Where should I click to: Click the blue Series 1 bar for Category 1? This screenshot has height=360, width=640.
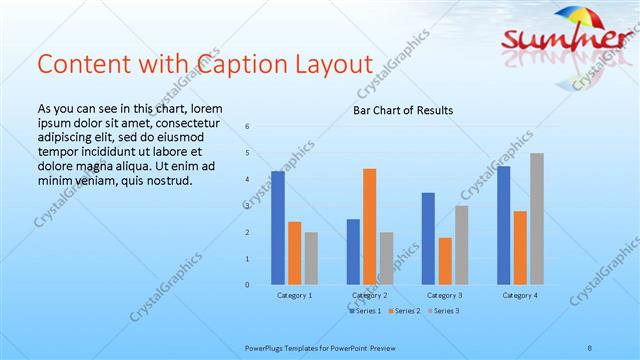pyautogui.click(x=278, y=228)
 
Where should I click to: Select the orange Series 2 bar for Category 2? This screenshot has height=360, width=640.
pyautogui.click(x=369, y=227)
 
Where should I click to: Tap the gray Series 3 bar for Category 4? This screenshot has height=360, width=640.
pyautogui.click(x=537, y=219)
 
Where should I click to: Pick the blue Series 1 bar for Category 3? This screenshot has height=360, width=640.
pyautogui.click(x=428, y=239)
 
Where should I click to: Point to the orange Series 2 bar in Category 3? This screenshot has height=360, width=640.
pyautogui.click(x=445, y=261)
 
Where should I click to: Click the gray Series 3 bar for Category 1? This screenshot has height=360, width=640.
pyautogui.click(x=311, y=258)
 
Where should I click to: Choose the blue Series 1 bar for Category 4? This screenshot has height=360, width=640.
pyautogui.click(x=504, y=225)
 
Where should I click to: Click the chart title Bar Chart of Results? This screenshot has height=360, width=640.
pyautogui.click(x=403, y=109)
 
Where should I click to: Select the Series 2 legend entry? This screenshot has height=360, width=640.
pyautogui.click(x=405, y=311)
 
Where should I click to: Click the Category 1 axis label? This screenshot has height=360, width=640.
pyautogui.click(x=294, y=296)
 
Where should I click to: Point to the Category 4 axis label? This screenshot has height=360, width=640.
pyautogui.click(x=520, y=296)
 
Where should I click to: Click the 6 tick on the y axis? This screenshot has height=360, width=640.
pyautogui.click(x=247, y=126)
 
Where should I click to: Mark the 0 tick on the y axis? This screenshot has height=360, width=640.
pyautogui.click(x=247, y=285)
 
